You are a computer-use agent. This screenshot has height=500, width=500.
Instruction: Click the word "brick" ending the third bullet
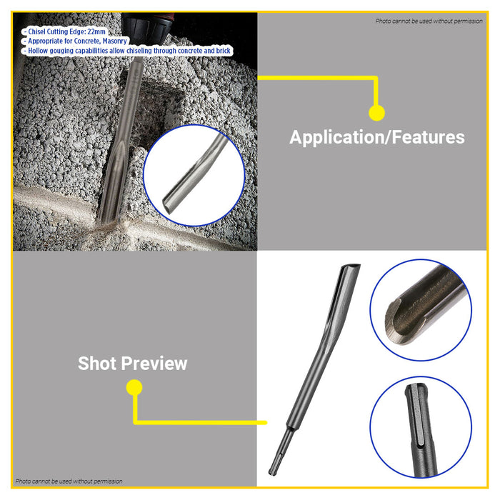coord(221,51)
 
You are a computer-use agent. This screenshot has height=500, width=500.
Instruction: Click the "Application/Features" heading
coord(376,137)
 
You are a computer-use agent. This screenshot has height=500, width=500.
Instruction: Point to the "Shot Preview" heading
coord(133,364)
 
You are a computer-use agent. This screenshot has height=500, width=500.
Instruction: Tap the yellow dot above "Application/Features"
coord(377,112)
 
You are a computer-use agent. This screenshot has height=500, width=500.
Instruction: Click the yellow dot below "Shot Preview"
coord(134,388)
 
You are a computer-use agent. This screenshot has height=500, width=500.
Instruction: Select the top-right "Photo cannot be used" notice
coord(429,21)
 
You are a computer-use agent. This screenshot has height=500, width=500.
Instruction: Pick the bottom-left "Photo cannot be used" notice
coord(69,481)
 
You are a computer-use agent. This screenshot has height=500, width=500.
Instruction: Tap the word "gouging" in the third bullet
coord(76,51)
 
